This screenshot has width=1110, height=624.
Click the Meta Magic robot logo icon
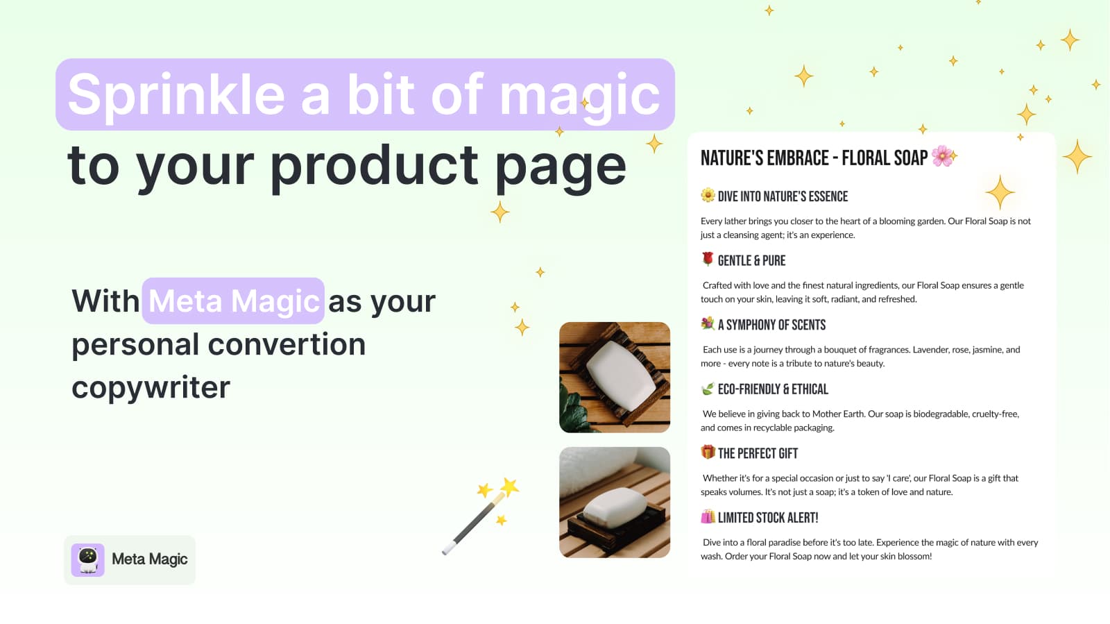tap(88, 559)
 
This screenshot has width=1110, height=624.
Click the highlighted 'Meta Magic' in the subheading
tap(233, 301)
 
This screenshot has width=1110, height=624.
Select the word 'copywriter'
tap(151, 387)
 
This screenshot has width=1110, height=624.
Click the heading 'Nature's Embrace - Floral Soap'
tap(814, 158)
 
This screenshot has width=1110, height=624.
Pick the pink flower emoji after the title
tap(942, 156)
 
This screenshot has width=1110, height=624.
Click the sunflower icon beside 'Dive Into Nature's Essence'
tap(708, 195)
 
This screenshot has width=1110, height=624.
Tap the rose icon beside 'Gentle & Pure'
tap(708, 259)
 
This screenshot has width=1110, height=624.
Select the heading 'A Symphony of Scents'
tap(771, 325)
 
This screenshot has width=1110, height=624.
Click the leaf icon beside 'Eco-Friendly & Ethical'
tap(708, 389)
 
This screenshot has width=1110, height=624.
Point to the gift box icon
tap(708, 453)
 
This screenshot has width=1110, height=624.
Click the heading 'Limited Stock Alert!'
tap(767, 518)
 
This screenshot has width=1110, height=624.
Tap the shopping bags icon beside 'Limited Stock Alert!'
tap(708, 516)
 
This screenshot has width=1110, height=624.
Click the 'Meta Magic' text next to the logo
tap(149, 559)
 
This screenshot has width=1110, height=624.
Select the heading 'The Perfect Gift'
tap(758, 454)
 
